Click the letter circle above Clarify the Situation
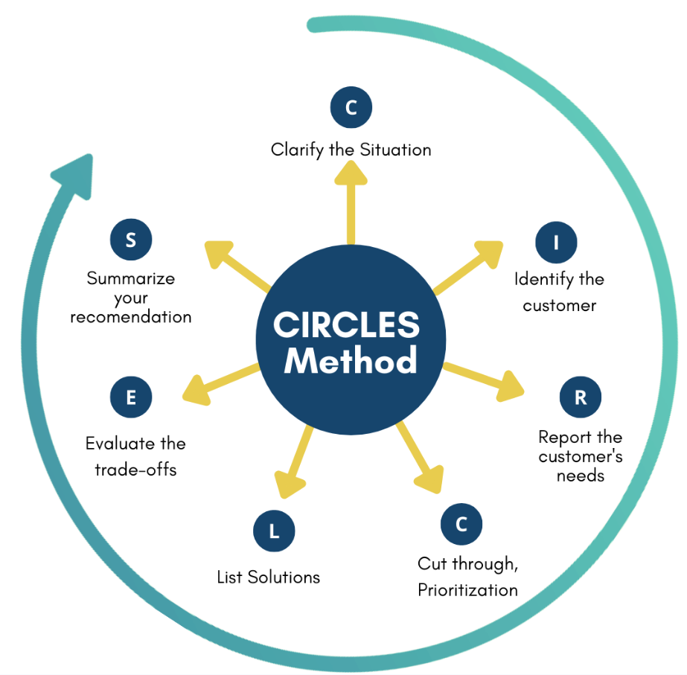click(351, 107)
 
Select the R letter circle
click(580, 397)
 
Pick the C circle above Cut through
click(461, 524)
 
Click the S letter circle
click(131, 240)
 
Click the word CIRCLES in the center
click(347, 325)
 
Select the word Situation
click(395, 150)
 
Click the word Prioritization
click(467, 590)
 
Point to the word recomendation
click(131, 317)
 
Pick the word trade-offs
click(135, 470)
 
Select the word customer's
click(581, 456)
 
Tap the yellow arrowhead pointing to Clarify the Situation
click(351, 173)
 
